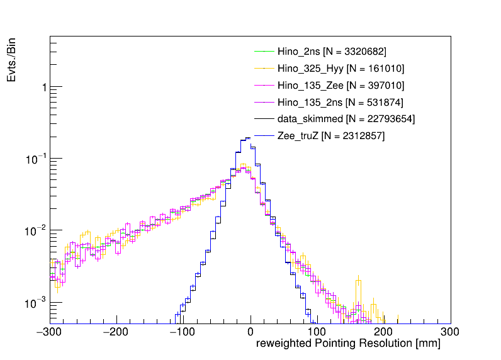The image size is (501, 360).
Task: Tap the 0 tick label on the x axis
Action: point(250,332)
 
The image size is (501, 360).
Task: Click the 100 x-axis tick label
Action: point(317,332)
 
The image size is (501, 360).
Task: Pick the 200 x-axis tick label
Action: point(384,332)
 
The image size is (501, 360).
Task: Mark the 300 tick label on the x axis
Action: point(449,332)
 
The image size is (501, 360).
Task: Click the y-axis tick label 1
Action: point(43,87)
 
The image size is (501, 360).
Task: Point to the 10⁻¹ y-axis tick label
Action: point(35,158)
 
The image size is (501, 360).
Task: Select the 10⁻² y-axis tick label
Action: point(35,230)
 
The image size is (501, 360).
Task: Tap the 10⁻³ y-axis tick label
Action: point(35,303)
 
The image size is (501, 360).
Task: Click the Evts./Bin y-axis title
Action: point(13,59)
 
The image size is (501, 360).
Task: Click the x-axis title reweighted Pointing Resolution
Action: point(347,345)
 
